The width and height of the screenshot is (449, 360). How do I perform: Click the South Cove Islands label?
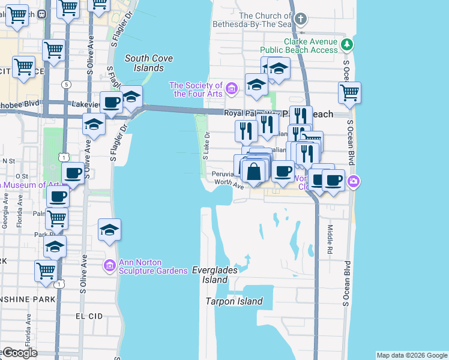(149, 63)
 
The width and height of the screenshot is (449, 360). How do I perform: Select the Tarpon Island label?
(234, 301)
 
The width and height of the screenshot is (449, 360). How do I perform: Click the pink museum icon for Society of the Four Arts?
(232, 89)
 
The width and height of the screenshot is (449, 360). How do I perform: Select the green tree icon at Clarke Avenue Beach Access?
(347, 44)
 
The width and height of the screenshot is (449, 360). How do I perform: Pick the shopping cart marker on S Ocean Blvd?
(349, 92)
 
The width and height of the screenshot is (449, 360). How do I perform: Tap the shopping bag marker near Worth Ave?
(255, 171)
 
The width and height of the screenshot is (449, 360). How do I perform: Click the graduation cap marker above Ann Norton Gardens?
(109, 230)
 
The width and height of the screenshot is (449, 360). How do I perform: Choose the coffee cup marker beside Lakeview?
(111, 102)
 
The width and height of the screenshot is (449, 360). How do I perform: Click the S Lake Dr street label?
(206, 145)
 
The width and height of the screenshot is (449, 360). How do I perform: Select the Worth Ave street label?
(229, 182)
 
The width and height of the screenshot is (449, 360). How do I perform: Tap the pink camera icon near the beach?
(354, 181)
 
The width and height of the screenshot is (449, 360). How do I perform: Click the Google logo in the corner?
(19, 353)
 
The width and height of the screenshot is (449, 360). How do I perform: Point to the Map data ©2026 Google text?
(412, 355)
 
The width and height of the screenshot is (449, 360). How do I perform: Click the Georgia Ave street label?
(6, 218)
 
